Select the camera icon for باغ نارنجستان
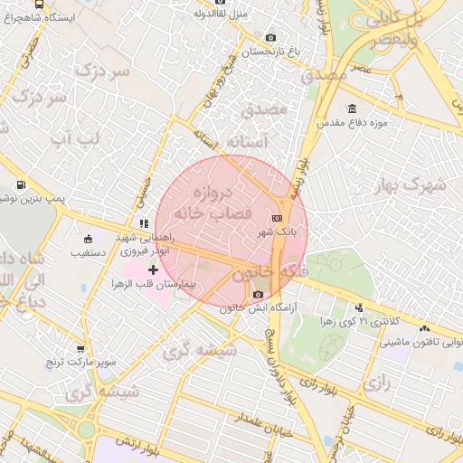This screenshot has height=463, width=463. pos(270,37)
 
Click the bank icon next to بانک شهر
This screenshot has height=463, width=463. pos(277,218)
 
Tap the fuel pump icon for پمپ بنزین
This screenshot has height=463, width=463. pos(20,185)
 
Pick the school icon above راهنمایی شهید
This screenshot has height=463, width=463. pos(143,223)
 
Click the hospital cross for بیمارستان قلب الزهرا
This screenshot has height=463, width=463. pos(153,269)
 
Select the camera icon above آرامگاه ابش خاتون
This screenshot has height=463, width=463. pos(259,295)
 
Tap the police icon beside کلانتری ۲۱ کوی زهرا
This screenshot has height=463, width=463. pos(360,307)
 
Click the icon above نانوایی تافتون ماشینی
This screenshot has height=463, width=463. pos(424,328)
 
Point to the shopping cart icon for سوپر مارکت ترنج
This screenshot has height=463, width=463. pos(80,348)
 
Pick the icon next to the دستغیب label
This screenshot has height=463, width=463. pos(88,240)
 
